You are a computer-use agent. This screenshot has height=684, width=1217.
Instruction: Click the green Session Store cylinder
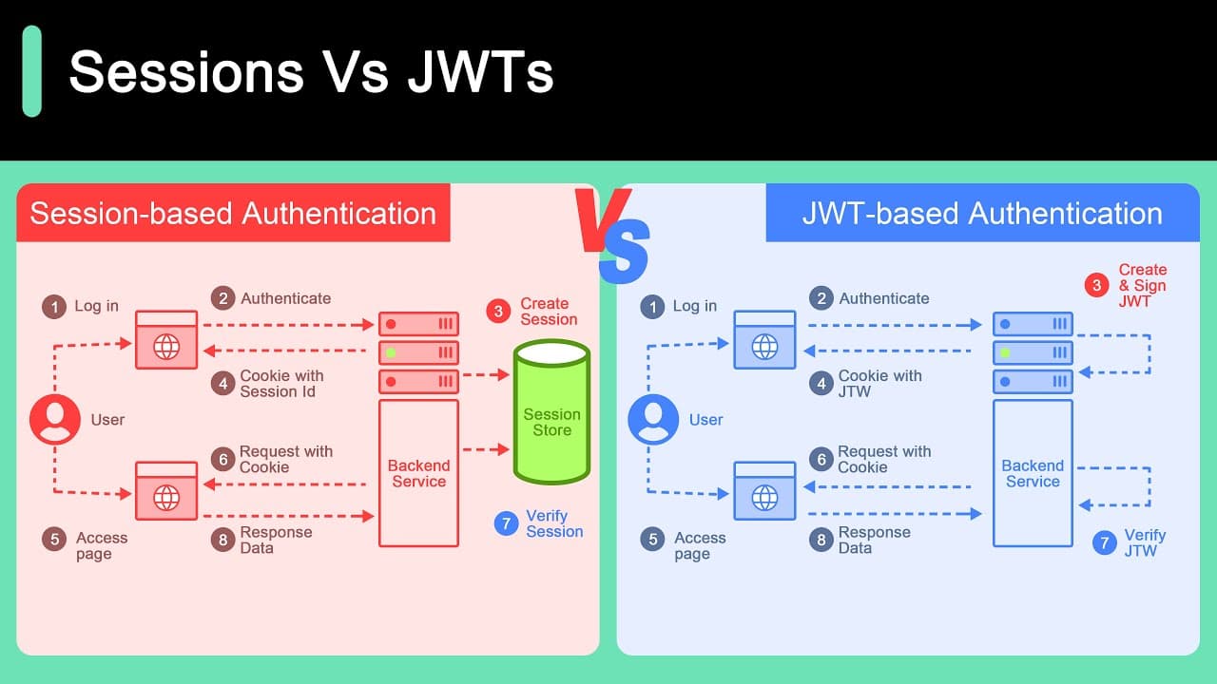pos(552,412)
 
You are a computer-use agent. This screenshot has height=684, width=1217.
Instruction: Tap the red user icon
pos(55,420)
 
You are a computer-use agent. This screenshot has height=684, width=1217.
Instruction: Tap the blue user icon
pos(653,420)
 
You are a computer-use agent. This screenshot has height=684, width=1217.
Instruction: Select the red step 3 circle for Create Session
pos(498,311)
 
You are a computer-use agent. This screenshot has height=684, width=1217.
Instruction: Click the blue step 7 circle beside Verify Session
pos(507,523)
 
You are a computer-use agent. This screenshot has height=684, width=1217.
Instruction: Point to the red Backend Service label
pos(419,473)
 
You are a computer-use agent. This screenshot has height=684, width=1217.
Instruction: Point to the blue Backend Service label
pos(1033,473)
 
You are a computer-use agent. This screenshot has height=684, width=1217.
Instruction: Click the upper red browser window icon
pos(166,340)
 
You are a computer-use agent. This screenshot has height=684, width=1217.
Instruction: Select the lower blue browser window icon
pos(764,491)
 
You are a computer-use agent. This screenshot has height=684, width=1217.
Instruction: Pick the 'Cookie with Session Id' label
pos(281,383)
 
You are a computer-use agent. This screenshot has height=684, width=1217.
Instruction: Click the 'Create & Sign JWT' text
pos(1143,286)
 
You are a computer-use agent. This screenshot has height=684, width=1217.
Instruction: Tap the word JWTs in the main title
pos(480,71)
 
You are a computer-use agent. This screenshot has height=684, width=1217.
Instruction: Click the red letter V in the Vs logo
pos(602,220)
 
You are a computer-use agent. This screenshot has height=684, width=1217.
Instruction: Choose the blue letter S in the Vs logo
pos(625,252)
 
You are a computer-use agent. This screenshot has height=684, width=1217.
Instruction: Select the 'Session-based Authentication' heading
pos(233,213)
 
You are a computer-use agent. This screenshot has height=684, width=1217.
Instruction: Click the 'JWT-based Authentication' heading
pos(982,213)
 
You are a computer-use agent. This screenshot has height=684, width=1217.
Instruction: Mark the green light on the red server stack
pos(391,352)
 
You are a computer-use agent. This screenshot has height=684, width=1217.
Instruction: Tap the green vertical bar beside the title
pos(32,71)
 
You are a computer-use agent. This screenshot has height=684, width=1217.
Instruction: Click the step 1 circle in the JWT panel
pos(652,307)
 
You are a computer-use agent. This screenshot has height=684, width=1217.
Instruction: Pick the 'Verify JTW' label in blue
pos(1145,542)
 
